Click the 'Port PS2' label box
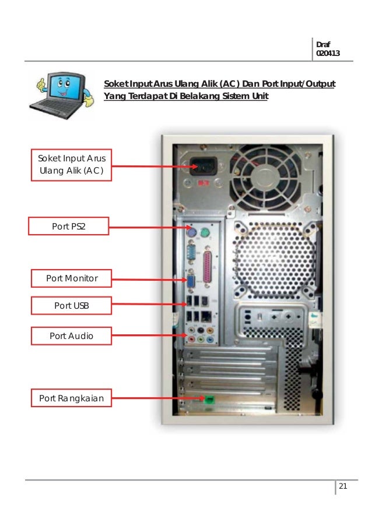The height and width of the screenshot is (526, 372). pyautogui.click(x=68, y=226)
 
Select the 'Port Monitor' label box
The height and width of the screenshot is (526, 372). pyautogui.click(x=72, y=279)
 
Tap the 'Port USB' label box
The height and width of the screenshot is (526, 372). pyautogui.click(x=72, y=305)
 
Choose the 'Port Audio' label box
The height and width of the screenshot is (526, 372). pyautogui.click(x=71, y=336)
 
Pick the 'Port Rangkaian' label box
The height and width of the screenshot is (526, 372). pyautogui.click(x=71, y=398)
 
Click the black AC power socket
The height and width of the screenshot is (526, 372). pyautogui.click(x=202, y=166)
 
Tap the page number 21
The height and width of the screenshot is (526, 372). pyautogui.click(x=343, y=487)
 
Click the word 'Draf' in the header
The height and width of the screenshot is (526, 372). pyautogui.click(x=322, y=44)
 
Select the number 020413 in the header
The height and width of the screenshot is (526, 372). pyautogui.click(x=327, y=54)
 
